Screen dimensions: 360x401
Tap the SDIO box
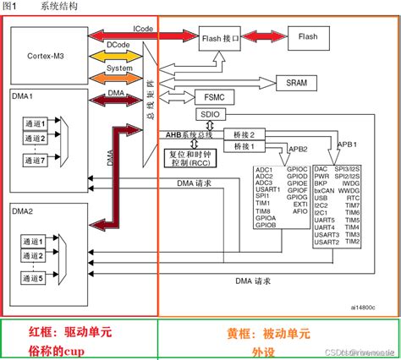tap(211, 113)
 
